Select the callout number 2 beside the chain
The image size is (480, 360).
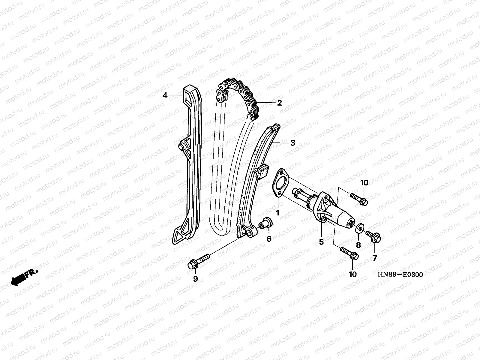click(279, 103)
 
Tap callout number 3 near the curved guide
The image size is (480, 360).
click(292, 143)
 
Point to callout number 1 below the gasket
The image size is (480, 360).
click(277, 212)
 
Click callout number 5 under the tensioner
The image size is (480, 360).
click(321, 241)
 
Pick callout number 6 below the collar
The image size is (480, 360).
click(269, 239)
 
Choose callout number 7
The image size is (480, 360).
click(375, 257)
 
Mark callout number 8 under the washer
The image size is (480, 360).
click(358, 245)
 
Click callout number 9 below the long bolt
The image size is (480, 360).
click(195, 279)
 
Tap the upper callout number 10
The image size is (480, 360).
click(364, 183)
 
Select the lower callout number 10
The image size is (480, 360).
click(353, 274)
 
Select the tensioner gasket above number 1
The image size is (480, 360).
click(280, 183)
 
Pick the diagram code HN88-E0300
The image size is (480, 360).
click(400, 274)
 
